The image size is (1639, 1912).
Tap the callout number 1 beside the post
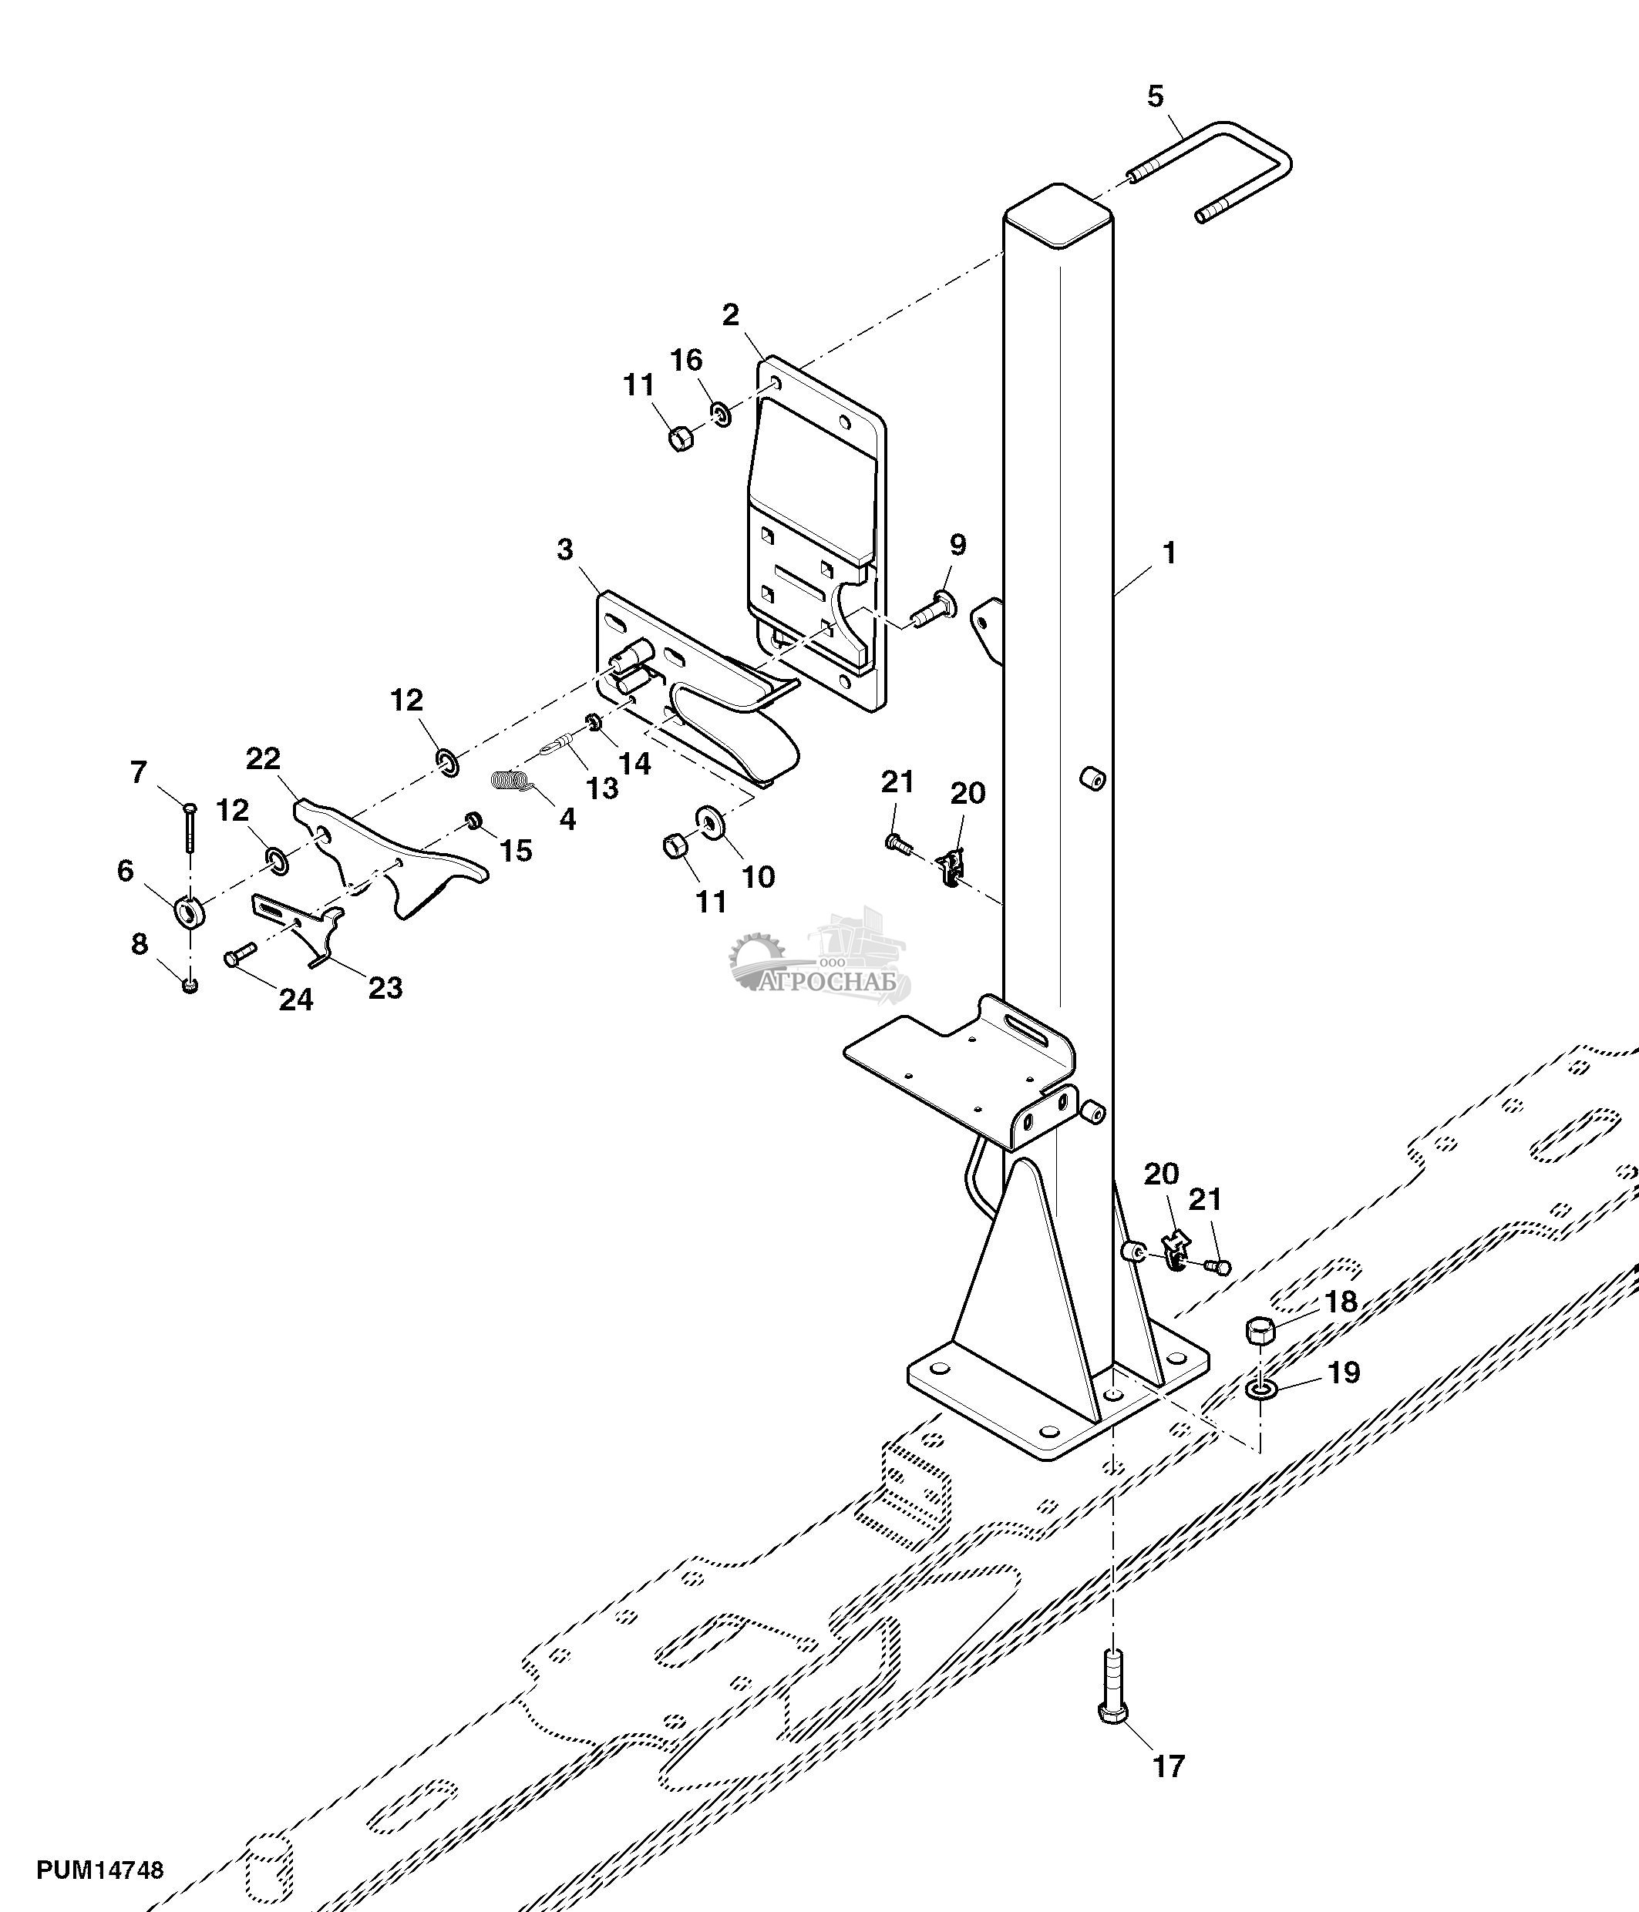click(1170, 553)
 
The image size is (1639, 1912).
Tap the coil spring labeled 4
click(511, 781)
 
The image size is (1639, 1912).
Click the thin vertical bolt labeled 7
click(189, 827)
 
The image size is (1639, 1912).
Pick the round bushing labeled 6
click(189, 912)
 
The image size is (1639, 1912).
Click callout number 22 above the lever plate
click(263, 758)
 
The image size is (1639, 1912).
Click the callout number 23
click(385, 988)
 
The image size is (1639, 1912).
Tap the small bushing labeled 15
click(473, 819)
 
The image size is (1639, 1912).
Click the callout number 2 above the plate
click(730, 314)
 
